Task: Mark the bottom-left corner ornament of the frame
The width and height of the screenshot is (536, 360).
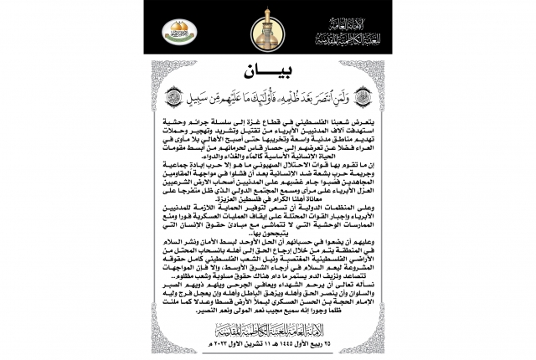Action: coord(151,345)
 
